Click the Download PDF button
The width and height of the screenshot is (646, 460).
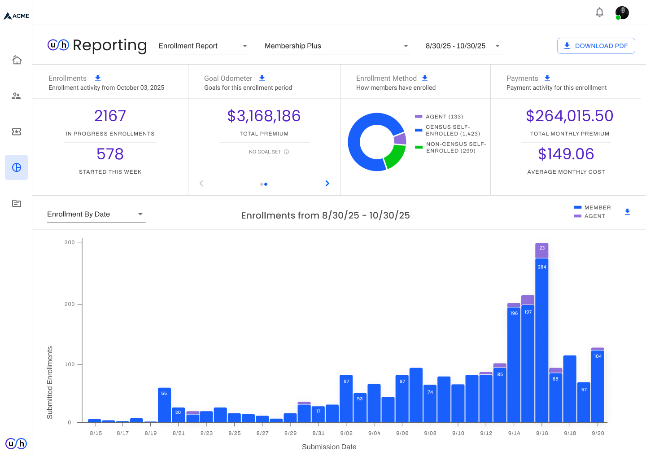[x=596, y=46]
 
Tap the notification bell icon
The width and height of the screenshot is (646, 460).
[x=599, y=12]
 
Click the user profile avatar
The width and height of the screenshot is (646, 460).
[x=622, y=13]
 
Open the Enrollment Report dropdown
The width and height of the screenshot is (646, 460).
[x=204, y=46]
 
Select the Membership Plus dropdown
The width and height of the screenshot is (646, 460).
[x=338, y=46]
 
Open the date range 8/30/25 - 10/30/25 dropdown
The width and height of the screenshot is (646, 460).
[x=464, y=46]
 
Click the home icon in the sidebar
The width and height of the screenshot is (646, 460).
[x=17, y=60]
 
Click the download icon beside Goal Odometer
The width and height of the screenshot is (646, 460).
[x=262, y=78]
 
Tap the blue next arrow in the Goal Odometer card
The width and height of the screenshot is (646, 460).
[x=327, y=183]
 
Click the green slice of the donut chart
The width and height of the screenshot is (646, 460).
[x=394, y=157]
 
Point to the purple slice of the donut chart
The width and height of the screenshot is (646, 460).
[x=400, y=139]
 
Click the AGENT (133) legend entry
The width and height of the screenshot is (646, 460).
[x=439, y=117]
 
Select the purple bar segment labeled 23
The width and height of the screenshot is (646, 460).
[x=542, y=250]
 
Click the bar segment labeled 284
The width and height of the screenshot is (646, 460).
[x=542, y=340]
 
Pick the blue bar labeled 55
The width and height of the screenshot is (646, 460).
[x=164, y=405]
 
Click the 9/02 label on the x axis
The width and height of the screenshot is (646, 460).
[x=346, y=433]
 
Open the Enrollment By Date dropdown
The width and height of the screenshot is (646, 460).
[x=96, y=214]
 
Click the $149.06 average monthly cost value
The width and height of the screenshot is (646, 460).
[x=566, y=154]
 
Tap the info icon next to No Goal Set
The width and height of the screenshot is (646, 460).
[x=286, y=152]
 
